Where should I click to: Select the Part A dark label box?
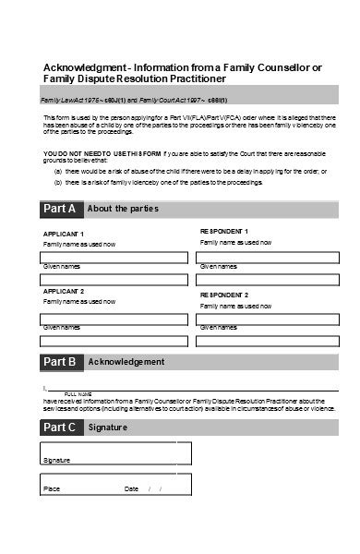(x=61, y=209)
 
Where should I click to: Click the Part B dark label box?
(x=61, y=362)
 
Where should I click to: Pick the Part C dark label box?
(x=61, y=428)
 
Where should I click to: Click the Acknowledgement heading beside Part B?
(x=126, y=362)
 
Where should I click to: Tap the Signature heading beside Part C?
(x=109, y=428)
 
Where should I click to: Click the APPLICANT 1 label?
(x=64, y=235)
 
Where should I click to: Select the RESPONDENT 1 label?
(x=224, y=231)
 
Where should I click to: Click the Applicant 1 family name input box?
(x=114, y=256)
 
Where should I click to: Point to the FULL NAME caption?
(x=78, y=394)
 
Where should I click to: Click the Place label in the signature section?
(x=52, y=488)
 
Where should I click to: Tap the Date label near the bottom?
(x=131, y=488)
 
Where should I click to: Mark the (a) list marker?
(x=57, y=171)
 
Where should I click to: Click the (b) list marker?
(x=57, y=182)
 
